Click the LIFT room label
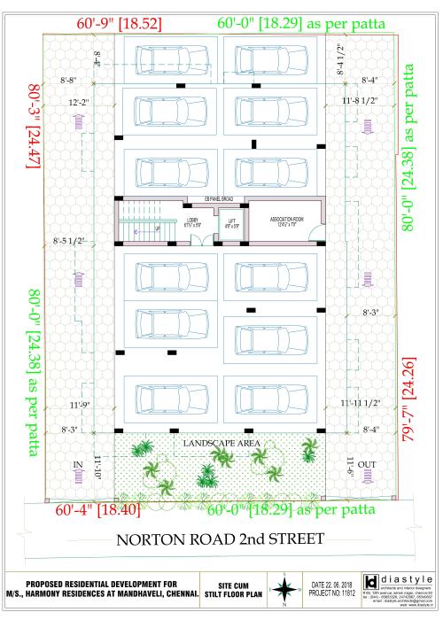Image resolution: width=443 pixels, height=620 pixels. click(231, 222)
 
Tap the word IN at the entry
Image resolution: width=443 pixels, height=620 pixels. click(77, 463)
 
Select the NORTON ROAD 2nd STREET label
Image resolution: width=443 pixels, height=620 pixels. click(221, 541)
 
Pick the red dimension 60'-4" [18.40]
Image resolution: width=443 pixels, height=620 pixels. click(97, 511)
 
